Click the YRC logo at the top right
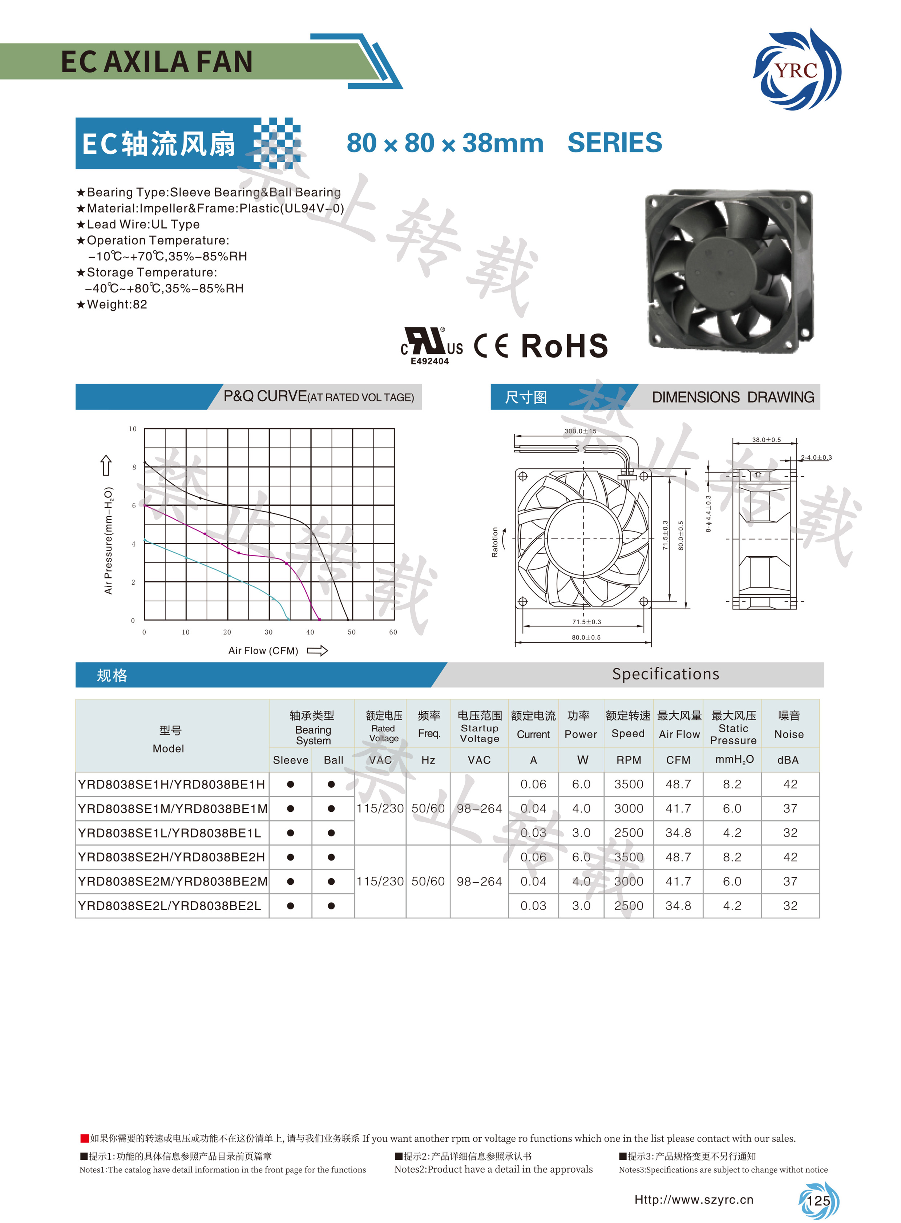coord(797,69)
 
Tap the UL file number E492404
coord(430,361)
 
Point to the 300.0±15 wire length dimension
coord(580,431)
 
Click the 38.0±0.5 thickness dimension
coord(766,440)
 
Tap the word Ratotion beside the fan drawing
coord(495,542)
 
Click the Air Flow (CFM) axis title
coord(263,650)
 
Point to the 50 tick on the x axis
coord(351,632)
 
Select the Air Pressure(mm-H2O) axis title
coord(109,540)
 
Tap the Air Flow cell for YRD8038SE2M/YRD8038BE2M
coord(678,881)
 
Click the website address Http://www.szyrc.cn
coord(694,1199)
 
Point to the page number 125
coord(818,1200)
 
